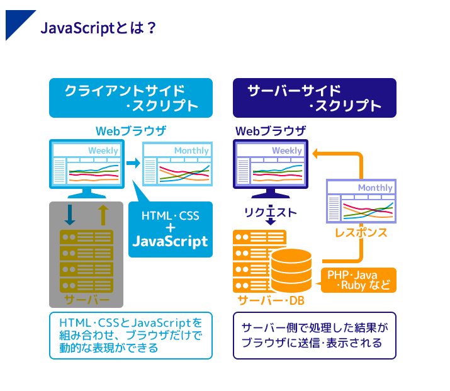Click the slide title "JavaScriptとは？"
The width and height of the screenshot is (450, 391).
click(98, 28)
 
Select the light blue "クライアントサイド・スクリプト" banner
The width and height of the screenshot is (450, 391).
click(131, 98)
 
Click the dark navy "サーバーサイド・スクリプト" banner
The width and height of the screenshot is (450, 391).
click(314, 98)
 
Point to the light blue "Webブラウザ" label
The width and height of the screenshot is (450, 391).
click(131, 131)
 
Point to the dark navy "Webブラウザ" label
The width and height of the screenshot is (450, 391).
click(271, 131)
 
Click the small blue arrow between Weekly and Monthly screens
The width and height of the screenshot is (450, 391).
click(133, 163)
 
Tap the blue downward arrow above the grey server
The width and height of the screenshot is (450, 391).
click(70, 215)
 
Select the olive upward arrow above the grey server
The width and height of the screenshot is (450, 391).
click(103, 214)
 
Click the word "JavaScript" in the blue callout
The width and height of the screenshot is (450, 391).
click(170, 241)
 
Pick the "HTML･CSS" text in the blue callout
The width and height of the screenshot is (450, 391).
click(170, 216)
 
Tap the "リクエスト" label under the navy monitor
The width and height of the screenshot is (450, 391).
click(271, 212)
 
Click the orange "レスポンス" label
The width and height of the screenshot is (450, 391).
click(361, 233)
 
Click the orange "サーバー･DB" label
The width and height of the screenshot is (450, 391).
click(271, 300)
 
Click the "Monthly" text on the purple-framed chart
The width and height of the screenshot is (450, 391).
click(375, 188)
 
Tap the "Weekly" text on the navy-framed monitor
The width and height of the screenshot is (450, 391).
click(287, 150)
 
